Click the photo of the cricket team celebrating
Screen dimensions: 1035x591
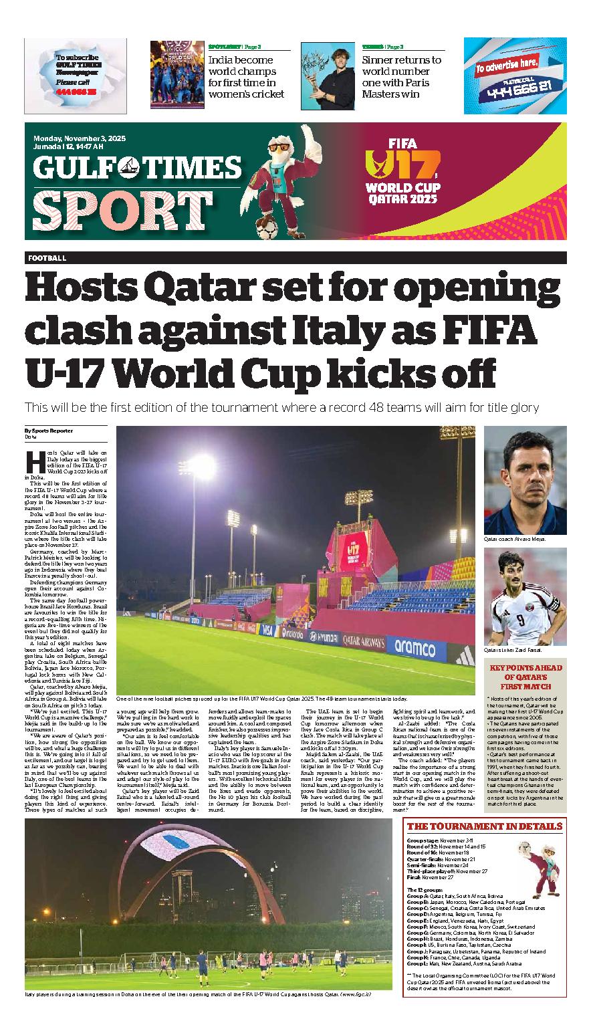click(176, 74)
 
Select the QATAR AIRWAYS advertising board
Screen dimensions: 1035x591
click(360, 641)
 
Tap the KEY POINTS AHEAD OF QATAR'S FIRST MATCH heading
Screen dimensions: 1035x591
click(525, 677)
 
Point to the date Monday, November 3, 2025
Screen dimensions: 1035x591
click(80, 139)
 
